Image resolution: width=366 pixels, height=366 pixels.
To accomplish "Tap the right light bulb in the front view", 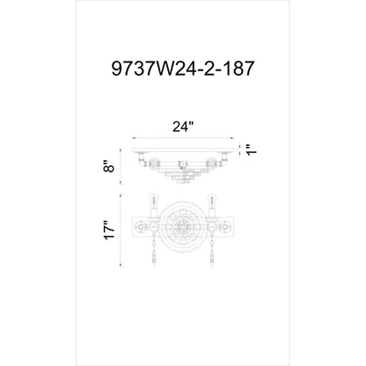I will click(x=210, y=200).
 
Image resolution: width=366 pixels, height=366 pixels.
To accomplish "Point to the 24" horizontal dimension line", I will click(x=182, y=138).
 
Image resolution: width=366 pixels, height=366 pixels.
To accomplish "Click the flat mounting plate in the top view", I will click(x=183, y=148).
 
